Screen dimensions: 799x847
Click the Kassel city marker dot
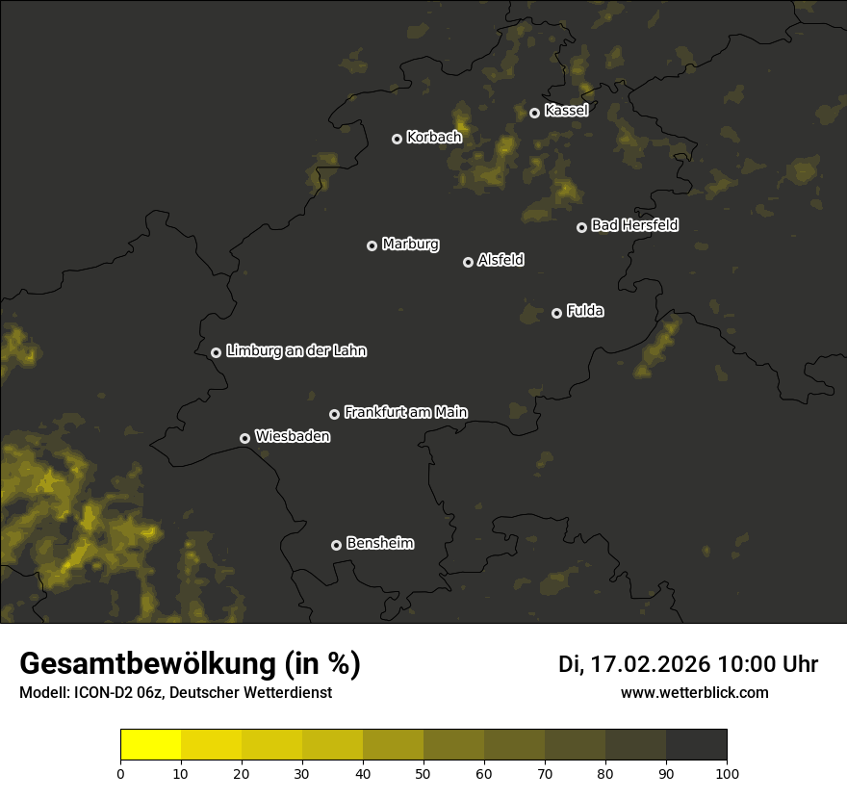[x=534, y=113]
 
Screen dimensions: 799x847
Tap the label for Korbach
[x=434, y=138]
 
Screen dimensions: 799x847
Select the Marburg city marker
[x=372, y=245]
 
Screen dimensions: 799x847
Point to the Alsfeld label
[x=500, y=260]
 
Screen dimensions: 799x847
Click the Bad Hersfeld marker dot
[x=581, y=227]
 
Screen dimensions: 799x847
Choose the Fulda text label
[x=585, y=311]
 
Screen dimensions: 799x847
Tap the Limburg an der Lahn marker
[x=216, y=352]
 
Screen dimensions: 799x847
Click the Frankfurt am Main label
[x=405, y=412]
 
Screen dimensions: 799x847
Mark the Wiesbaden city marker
[x=244, y=438]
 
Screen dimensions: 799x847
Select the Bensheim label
[x=379, y=543]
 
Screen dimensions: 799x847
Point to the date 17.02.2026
[x=647, y=664]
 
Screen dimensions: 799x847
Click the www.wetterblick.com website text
[x=694, y=692]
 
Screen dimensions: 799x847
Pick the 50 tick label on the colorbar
[x=423, y=772]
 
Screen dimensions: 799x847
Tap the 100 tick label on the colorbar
[x=727, y=772]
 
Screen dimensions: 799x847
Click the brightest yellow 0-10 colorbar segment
[x=151, y=745]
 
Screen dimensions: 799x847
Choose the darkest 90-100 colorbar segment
[x=696, y=745]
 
